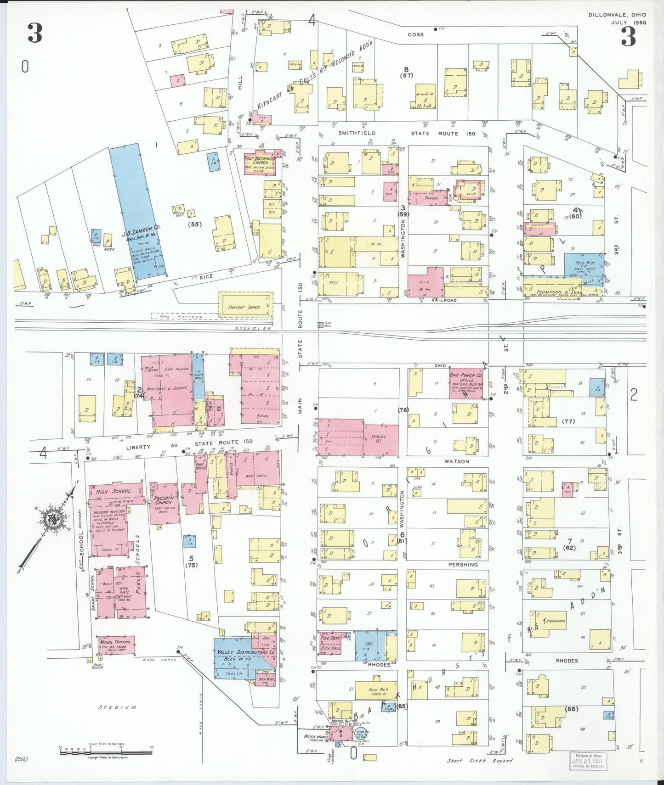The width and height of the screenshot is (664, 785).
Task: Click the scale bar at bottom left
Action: (106, 752)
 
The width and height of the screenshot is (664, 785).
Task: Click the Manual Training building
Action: (115, 644)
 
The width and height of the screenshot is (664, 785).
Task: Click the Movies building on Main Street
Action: (380, 438)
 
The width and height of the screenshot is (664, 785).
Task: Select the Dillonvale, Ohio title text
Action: (617, 15)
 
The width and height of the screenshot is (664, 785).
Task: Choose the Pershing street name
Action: (463, 565)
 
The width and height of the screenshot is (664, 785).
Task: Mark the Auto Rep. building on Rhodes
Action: (378, 690)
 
